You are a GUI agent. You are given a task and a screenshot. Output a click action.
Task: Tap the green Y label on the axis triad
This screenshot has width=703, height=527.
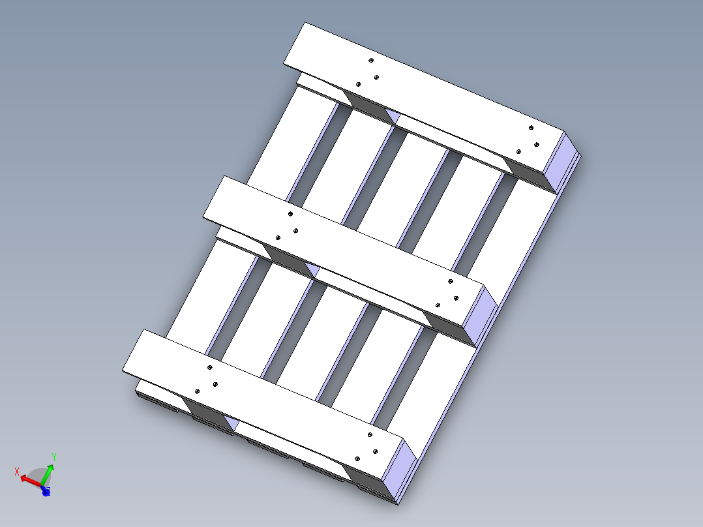[x=54, y=457]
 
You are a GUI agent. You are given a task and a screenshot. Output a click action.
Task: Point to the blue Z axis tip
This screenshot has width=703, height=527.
[x=46, y=492]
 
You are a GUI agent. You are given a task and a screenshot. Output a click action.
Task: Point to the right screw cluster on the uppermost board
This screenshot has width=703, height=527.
[x=529, y=140]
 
